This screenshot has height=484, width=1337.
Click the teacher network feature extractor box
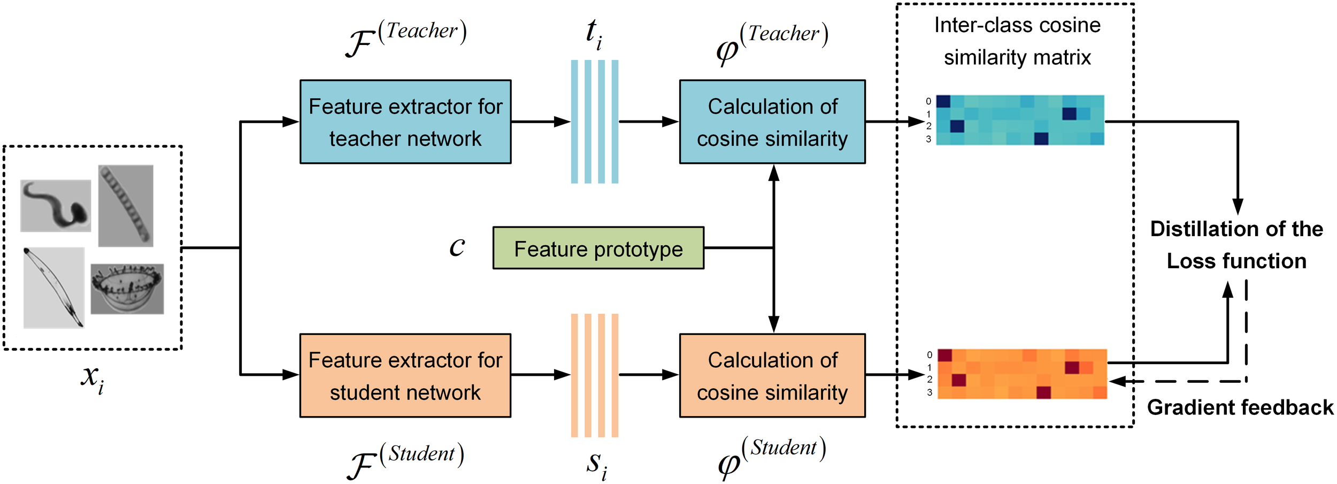[x=405, y=122]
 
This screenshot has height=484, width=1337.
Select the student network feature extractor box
[x=405, y=375]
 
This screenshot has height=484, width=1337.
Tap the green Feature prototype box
[x=598, y=248]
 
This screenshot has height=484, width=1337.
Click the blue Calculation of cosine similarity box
[x=772, y=122]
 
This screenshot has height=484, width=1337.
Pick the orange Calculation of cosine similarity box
[x=772, y=375]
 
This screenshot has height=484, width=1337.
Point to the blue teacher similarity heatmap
[x=1019, y=120]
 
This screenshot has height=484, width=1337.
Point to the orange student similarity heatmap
[x=1021, y=374]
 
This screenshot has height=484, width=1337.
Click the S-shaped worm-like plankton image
[x=56, y=206]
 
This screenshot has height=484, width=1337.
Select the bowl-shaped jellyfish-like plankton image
[x=127, y=289]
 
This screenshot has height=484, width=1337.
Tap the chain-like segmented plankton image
[x=126, y=206]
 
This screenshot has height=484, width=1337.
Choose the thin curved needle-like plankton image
[x=53, y=288]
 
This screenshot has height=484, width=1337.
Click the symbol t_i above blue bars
[x=594, y=33]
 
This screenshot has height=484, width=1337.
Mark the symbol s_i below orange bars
[x=596, y=464]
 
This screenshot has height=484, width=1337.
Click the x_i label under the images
[x=92, y=378]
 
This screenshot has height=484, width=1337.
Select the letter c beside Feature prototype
[x=457, y=247]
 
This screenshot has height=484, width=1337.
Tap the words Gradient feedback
[x=1240, y=407]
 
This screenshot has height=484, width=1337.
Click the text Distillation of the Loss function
[x=1236, y=245]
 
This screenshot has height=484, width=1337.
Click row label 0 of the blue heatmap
[x=928, y=101]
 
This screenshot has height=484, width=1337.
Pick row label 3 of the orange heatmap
[x=929, y=392]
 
